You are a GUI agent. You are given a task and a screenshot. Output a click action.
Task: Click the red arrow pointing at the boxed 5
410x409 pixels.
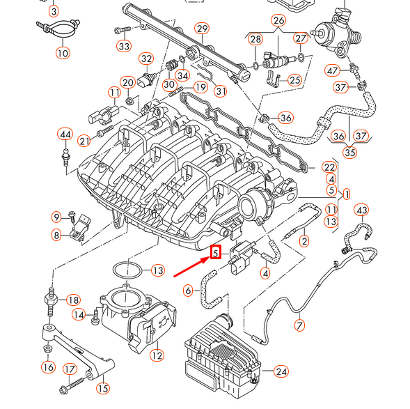tap(192, 265)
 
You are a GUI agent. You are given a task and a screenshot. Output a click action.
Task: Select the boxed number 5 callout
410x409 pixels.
tap(216, 254)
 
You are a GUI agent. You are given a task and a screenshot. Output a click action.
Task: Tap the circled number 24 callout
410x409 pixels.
tap(281, 371)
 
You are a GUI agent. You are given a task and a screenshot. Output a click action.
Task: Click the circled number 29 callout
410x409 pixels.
tap(201, 29)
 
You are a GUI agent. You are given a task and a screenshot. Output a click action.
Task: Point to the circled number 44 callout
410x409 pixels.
tap(65, 134)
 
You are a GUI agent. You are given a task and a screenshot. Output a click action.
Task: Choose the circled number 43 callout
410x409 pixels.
tap(361, 210)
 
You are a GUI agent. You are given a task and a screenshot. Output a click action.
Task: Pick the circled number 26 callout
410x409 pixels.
tap(278, 20)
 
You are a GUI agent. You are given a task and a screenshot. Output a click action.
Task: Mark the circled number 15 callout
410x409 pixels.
tap(102, 388)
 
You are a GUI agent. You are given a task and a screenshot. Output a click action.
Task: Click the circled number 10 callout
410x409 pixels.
tap(63, 52)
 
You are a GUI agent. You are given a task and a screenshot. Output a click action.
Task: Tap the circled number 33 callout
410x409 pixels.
tap(124, 47)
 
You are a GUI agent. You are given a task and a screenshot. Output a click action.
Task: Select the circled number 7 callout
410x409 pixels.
tap(299, 325)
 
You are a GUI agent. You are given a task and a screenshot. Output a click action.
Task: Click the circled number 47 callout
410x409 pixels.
tap(332, 70)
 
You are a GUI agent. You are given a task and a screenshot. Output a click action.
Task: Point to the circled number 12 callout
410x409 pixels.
tap(157, 355)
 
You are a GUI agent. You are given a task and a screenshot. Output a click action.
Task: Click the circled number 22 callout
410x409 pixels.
tap(330, 167)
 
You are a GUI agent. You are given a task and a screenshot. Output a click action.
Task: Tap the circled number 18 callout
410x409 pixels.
tap(73, 300)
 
